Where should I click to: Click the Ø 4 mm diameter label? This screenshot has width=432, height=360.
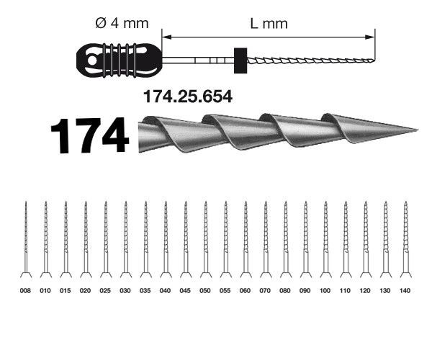click(120, 24)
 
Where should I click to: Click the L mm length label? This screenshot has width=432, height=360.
click(268, 24)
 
